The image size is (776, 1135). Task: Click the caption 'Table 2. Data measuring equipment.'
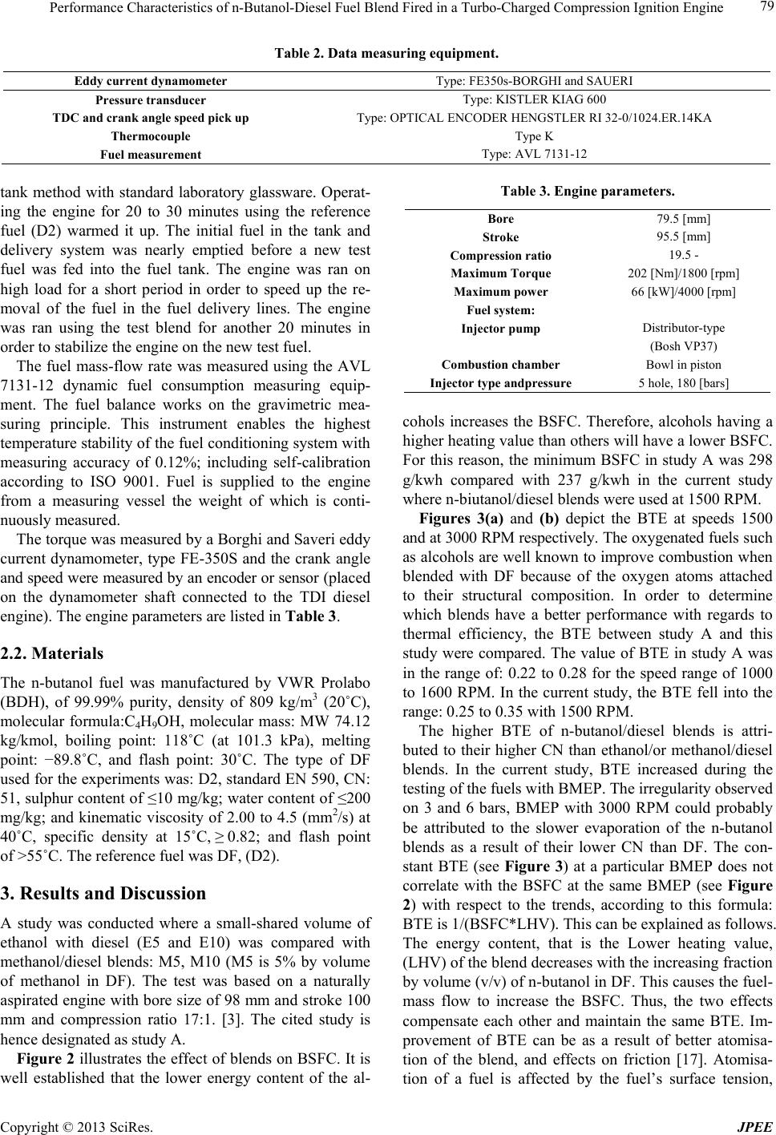tap(387, 55)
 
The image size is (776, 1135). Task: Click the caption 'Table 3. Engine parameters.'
tap(587, 192)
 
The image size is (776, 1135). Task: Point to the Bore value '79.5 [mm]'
tap(684, 218)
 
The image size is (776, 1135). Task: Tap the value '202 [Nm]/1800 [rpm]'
tap(684, 273)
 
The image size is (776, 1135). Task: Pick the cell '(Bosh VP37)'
tap(684, 346)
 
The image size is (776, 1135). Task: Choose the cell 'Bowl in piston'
tap(684, 365)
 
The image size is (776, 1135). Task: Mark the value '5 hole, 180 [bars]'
tap(684, 383)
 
